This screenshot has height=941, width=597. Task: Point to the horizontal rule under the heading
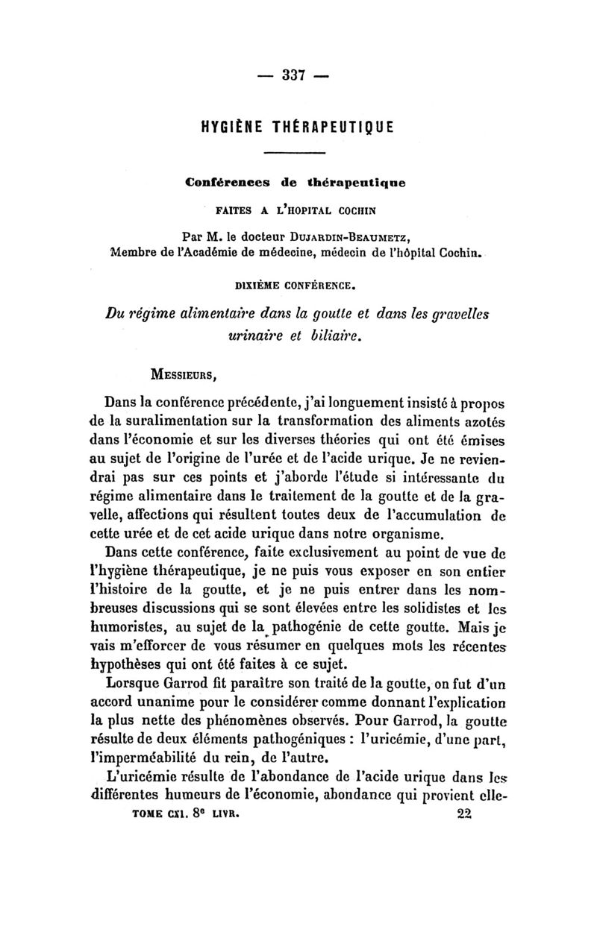coord(296,154)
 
